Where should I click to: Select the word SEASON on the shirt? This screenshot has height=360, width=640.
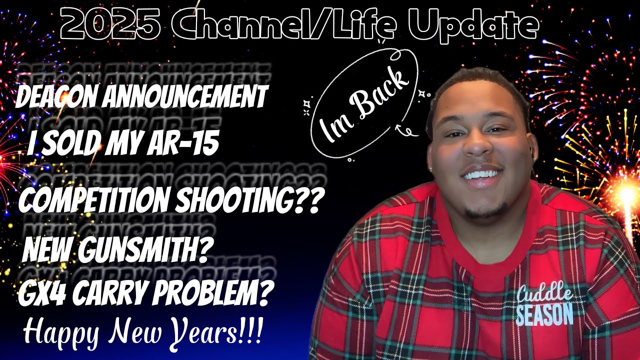coord(544,315)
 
